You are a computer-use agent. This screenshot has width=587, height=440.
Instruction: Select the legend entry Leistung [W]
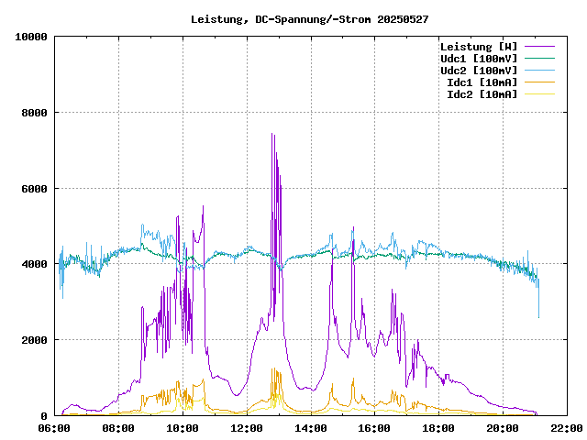pos(479,46)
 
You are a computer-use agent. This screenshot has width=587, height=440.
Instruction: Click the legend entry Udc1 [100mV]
pos(479,58)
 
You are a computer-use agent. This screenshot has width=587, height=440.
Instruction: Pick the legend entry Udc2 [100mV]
pos(479,70)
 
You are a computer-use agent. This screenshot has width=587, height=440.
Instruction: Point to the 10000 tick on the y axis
pos(31,37)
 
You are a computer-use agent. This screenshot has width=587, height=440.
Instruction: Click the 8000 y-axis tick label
pos(34,113)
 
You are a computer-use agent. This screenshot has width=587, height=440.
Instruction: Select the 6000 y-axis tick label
pos(34,189)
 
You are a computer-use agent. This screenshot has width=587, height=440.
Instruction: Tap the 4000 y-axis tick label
pos(34,264)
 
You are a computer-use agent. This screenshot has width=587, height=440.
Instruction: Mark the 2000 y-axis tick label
pos(34,340)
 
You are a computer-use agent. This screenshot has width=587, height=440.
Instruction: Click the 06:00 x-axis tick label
pos(54,427)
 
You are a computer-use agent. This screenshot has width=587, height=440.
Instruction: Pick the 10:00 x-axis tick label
pos(183,427)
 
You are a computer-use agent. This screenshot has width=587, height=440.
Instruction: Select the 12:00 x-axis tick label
pos(247,427)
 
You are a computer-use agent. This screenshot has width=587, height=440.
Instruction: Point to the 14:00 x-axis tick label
pos(310,427)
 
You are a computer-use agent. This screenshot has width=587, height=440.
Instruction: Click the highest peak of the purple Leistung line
pos(272,135)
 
